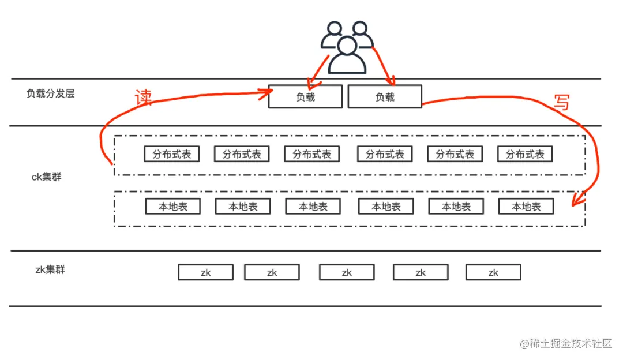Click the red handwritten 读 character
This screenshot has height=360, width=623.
click(x=144, y=97)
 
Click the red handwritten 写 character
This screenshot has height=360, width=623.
click(x=561, y=102)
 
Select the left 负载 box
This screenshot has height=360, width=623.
click(x=305, y=97)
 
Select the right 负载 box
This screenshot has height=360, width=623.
click(x=385, y=97)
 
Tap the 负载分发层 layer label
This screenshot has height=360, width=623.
click(x=50, y=93)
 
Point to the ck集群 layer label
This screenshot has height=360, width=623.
click(x=46, y=177)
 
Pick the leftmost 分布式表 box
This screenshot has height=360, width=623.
click(x=171, y=154)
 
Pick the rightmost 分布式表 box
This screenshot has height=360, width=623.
click(x=525, y=154)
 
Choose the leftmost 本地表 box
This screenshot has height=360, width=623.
click(x=173, y=207)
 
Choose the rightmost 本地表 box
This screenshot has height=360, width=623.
click(x=526, y=207)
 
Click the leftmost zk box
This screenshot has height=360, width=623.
click(x=205, y=272)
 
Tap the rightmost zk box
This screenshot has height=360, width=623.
click(x=493, y=272)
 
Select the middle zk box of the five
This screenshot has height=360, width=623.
click(x=347, y=272)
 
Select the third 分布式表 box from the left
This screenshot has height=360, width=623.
click(x=312, y=154)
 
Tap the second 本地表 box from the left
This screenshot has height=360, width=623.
click(x=243, y=207)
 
